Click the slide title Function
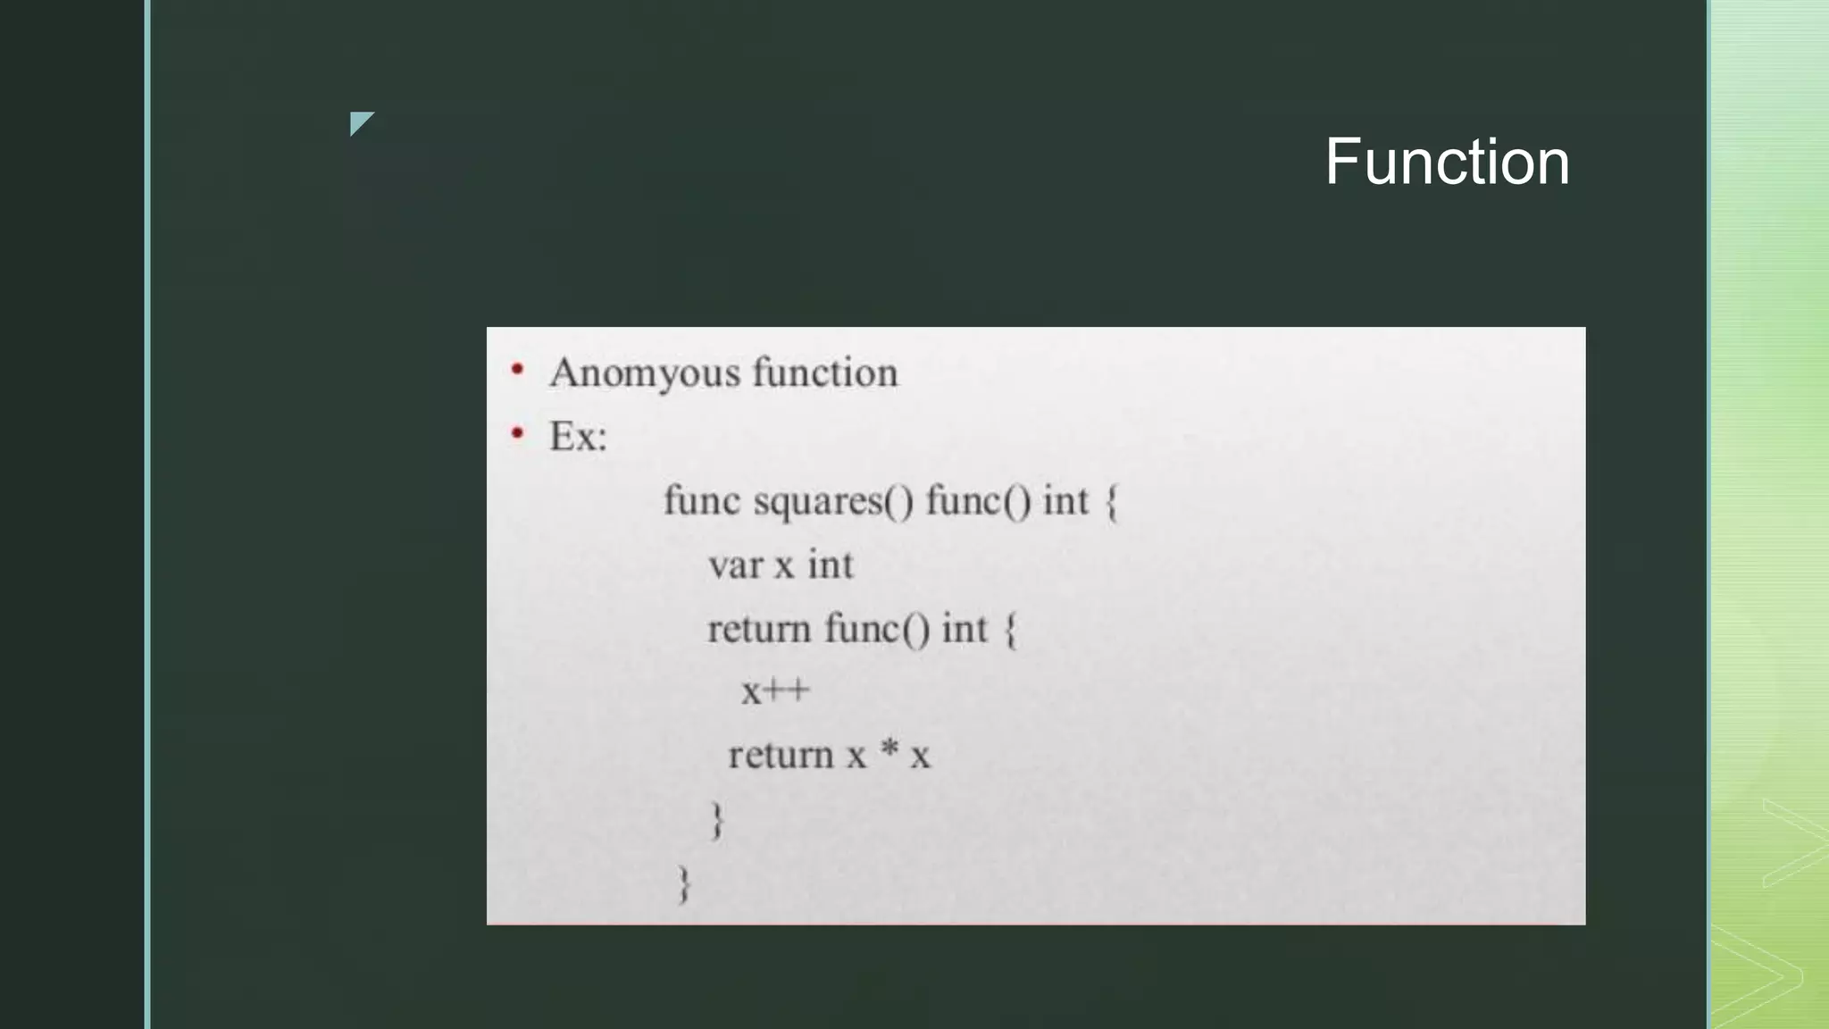(x=1447, y=163)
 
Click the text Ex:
(x=578, y=437)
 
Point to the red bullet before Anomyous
(x=517, y=369)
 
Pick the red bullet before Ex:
(x=517, y=434)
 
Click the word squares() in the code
(x=833, y=501)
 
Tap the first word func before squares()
(x=702, y=500)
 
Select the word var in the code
(x=734, y=565)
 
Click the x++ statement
(x=775, y=691)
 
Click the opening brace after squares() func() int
(x=1112, y=502)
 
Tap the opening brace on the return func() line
(x=1011, y=630)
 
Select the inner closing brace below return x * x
(x=717, y=819)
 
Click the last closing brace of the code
(x=685, y=884)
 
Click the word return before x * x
(x=780, y=756)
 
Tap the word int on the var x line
(x=831, y=565)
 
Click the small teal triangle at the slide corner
(x=359, y=121)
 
